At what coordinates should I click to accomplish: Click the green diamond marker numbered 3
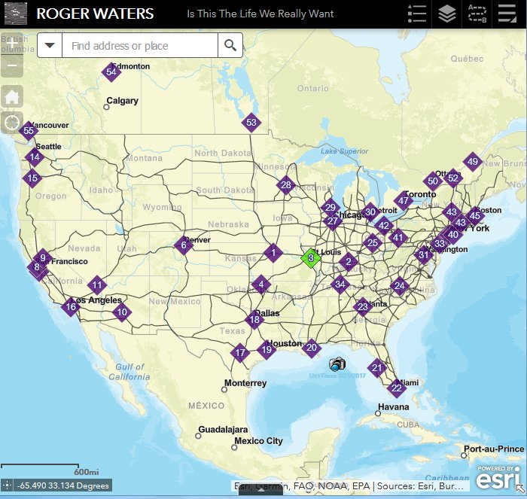(x=310, y=257)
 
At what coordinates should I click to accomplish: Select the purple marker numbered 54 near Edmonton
(x=111, y=72)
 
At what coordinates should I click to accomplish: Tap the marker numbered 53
(x=251, y=122)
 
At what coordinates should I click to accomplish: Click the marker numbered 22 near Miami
(x=396, y=388)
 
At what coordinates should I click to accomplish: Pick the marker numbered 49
(x=472, y=161)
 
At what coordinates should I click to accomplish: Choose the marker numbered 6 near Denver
(x=183, y=245)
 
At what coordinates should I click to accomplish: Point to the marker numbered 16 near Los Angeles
(x=71, y=306)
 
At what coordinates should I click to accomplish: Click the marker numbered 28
(x=285, y=184)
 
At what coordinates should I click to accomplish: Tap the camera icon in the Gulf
(x=337, y=364)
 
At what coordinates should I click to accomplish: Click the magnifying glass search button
(x=230, y=46)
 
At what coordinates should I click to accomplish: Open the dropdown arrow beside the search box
(x=50, y=46)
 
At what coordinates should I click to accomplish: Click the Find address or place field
(x=140, y=46)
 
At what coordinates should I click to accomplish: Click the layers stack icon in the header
(x=447, y=14)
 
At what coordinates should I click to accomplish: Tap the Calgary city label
(x=122, y=101)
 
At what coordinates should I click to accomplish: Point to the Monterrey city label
(x=245, y=383)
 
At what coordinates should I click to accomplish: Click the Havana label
(x=393, y=407)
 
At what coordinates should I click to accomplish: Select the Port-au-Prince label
(x=493, y=449)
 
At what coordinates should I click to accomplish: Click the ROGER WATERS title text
(x=95, y=14)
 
